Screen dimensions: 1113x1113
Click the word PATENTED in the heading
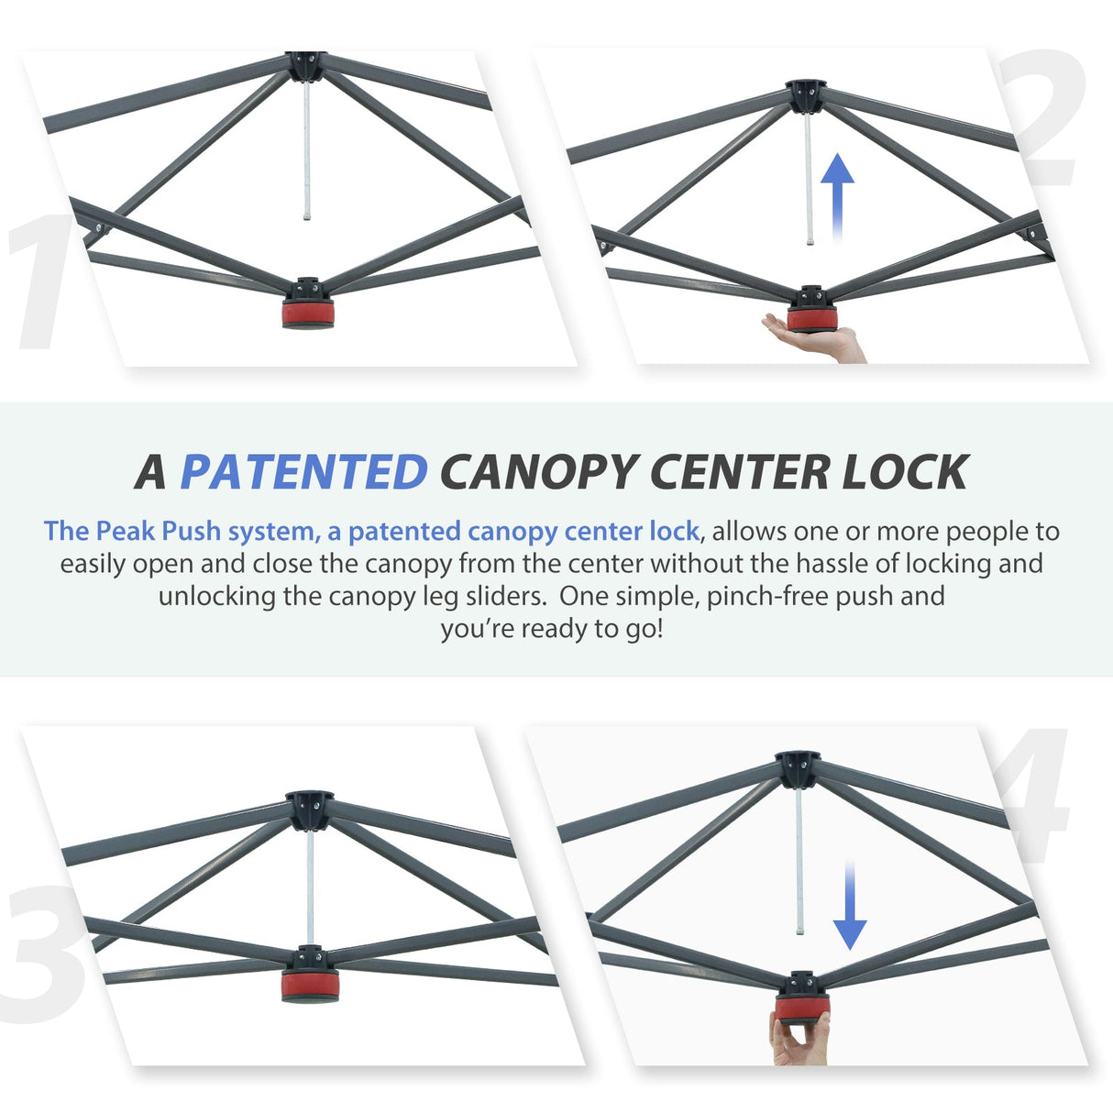click(303, 471)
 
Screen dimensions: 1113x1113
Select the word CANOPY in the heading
click(537, 471)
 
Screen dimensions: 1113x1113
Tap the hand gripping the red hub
click(799, 1041)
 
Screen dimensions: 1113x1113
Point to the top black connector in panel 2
click(807, 96)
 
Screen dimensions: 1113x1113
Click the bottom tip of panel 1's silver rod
click(307, 218)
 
